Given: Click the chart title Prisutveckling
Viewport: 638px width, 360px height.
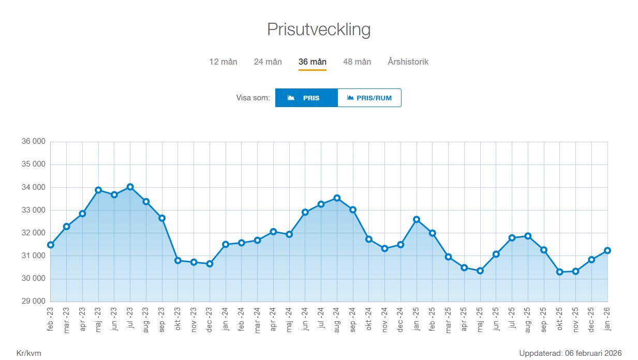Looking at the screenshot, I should point(319,29).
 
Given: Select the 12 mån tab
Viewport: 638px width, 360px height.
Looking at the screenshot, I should point(223,62).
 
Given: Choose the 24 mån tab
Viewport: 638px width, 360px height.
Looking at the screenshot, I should point(268,62).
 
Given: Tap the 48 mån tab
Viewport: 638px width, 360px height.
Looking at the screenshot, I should point(357,62).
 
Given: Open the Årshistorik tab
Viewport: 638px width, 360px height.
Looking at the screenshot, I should point(408,62).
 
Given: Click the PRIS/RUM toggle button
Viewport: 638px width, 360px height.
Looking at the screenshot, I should point(369,98).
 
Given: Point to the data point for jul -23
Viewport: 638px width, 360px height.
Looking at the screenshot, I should point(130,187).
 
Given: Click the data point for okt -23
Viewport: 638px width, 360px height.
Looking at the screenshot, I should point(178,261).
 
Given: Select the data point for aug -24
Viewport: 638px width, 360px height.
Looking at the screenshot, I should point(337,198).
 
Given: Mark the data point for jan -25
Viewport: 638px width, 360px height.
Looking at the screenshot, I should point(417,219).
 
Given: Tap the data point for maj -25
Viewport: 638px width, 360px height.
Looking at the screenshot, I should point(480,271).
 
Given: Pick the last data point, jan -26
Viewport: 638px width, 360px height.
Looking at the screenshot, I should point(607,250).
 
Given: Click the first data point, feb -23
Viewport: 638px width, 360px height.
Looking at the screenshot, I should point(51,245).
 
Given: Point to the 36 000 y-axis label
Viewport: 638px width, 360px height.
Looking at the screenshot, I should point(33,142).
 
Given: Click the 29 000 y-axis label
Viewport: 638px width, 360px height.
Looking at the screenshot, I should point(33,301).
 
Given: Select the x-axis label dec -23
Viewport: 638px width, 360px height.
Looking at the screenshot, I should point(210,319).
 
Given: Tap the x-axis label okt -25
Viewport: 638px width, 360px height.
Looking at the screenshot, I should point(560,319).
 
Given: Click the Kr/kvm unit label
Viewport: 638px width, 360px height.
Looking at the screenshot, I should point(29,353).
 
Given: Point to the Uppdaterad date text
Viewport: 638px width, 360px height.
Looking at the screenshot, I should point(570,353).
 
